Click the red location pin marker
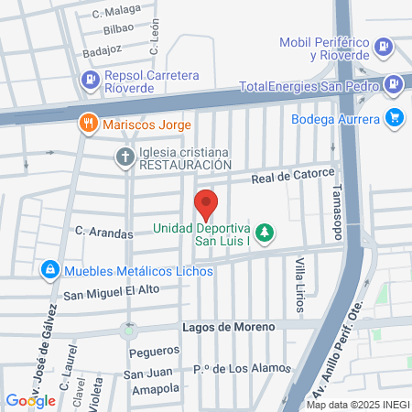tap(206, 204)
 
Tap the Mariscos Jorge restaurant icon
tap(89, 124)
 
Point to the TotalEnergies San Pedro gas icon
tap(392, 85)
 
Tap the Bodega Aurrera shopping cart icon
tap(395, 117)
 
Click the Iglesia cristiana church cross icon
tap(125, 157)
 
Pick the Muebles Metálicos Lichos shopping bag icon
tap(49, 270)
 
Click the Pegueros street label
tap(153, 352)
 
